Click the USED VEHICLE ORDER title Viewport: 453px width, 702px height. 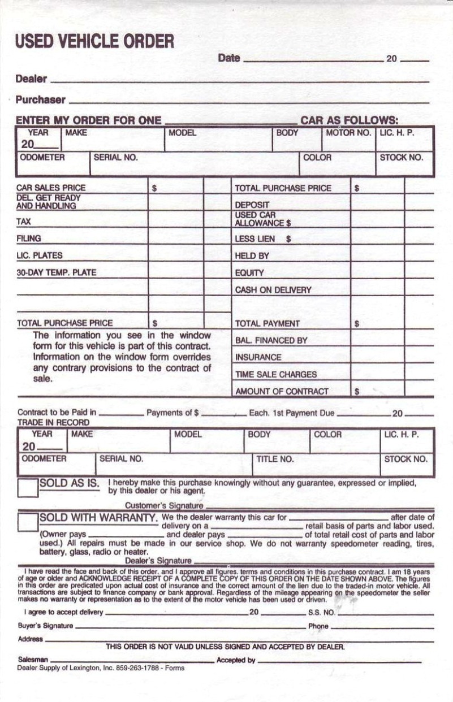pos(95,42)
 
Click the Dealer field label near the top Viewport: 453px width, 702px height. pos(32,79)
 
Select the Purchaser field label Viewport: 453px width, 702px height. pos(41,100)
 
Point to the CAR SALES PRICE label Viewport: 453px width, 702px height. pos(51,188)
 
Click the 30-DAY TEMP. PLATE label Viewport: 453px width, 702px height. pos(57,272)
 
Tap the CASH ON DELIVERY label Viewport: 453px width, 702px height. pos(273,290)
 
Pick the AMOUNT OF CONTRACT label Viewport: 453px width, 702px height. pos(282,391)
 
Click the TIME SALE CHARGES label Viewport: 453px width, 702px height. pos(276,374)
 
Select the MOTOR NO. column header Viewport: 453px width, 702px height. pos(348,133)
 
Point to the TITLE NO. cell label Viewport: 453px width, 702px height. pos(275,459)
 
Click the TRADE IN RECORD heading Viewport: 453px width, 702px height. pos(53,422)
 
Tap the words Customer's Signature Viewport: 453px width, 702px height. pos(163,505)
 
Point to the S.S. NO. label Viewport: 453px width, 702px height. pos(321,612)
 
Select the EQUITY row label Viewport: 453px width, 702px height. pos(249,273)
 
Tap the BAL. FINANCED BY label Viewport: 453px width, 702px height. pos(271,341)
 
